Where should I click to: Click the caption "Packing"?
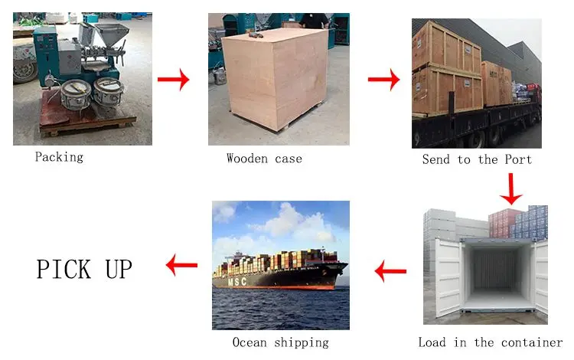[59, 157]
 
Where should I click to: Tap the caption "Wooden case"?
[264, 159]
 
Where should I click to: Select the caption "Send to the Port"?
[477, 159]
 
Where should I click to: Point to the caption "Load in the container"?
[491, 342]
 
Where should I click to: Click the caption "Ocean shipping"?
[281, 342]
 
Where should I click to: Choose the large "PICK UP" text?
[84, 269]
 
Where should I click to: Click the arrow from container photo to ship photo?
[390, 270]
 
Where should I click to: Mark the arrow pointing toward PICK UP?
[181, 267]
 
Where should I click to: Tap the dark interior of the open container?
[494, 268]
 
